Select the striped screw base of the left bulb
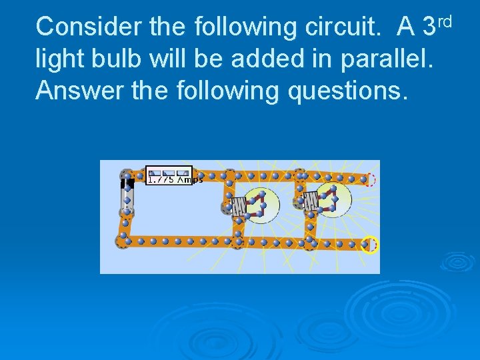pyautogui.click(x=239, y=206)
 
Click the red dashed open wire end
pyautogui.click(x=371, y=179)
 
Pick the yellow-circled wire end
pyautogui.click(x=369, y=245)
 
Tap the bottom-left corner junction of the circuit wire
pyautogui.click(x=122, y=240)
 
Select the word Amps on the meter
pyautogui.click(x=189, y=179)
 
